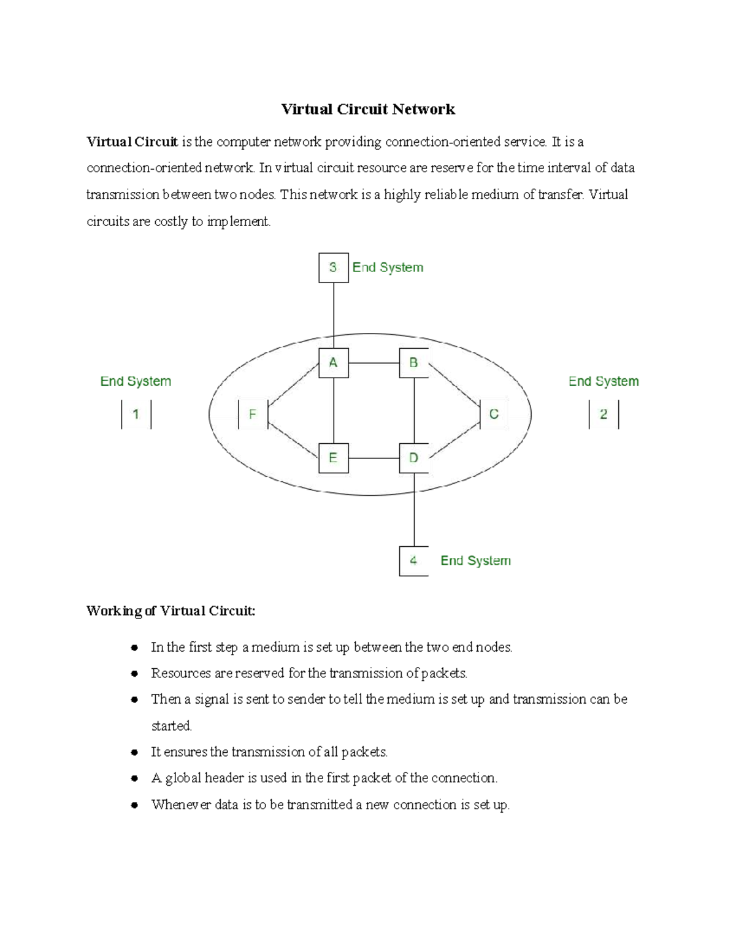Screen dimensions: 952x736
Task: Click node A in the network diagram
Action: (x=334, y=363)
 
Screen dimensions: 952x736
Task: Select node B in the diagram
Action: (x=414, y=363)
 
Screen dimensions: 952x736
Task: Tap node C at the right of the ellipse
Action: (x=494, y=414)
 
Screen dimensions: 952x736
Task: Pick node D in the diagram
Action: (x=414, y=458)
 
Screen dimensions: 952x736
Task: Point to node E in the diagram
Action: (x=334, y=458)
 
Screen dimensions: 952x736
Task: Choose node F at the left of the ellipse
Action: (x=253, y=414)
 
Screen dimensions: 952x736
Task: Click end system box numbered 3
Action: (x=334, y=267)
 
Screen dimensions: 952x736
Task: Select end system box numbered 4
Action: (x=414, y=561)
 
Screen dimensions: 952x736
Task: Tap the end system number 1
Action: (x=136, y=414)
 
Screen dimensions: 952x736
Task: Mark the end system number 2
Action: (x=604, y=414)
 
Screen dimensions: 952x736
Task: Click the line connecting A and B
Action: (x=374, y=363)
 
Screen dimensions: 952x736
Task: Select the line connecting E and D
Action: (x=374, y=458)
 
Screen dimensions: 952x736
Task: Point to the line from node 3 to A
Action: (x=334, y=313)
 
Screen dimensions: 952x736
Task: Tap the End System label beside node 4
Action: (x=475, y=561)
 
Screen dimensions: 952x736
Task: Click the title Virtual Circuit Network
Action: (x=368, y=109)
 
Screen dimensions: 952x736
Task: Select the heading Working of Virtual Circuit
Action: (x=171, y=611)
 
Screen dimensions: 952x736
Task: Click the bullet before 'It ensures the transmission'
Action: (x=134, y=752)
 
